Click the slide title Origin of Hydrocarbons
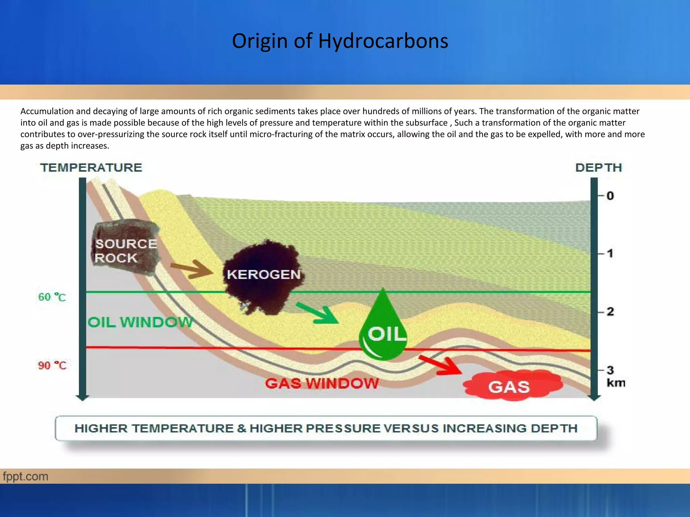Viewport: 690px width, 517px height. point(340,41)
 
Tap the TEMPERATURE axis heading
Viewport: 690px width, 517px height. point(91,168)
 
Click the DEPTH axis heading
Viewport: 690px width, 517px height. point(598,168)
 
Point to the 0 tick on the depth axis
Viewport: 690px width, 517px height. point(610,196)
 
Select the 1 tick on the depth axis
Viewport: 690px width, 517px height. point(610,253)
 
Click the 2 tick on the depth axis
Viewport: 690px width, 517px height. point(610,312)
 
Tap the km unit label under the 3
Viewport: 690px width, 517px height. point(616,383)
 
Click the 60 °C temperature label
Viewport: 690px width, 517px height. point(52,297)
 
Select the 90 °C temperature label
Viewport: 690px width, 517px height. point(52,365)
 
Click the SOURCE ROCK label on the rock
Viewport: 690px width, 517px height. point(125,251)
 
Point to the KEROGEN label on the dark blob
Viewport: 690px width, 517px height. point(263,275)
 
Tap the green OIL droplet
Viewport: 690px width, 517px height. point(383,332)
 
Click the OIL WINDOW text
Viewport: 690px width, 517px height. point(140,322)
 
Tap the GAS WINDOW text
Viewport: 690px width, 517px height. point(322,383)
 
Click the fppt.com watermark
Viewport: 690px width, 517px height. point(26,476)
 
